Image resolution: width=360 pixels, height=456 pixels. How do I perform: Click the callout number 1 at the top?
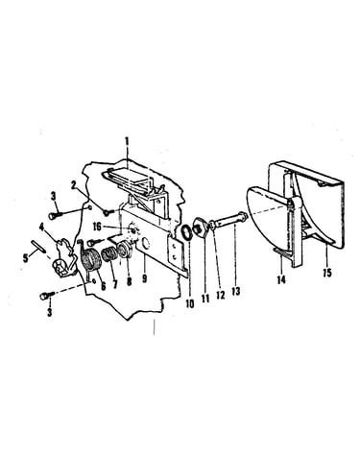[127, 141]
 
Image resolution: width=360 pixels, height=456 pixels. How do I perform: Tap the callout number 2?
[74, 185]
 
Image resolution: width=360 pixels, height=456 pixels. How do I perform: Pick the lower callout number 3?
[50, 312]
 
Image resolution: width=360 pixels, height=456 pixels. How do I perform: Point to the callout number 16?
[97, 227]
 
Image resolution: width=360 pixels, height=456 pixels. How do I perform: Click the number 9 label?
[145, 277]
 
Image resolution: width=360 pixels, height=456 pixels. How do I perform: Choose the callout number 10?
[190, 303]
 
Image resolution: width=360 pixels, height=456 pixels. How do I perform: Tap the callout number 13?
[236, 291]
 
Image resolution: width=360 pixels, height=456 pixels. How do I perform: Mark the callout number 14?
[281, 279]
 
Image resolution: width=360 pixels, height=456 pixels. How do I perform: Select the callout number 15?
[327, 273]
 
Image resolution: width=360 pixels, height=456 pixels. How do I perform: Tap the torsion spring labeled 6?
[90, 260]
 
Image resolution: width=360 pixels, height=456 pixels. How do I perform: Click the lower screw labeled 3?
[46, 296]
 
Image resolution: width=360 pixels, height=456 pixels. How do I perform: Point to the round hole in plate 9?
[145, 244]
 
